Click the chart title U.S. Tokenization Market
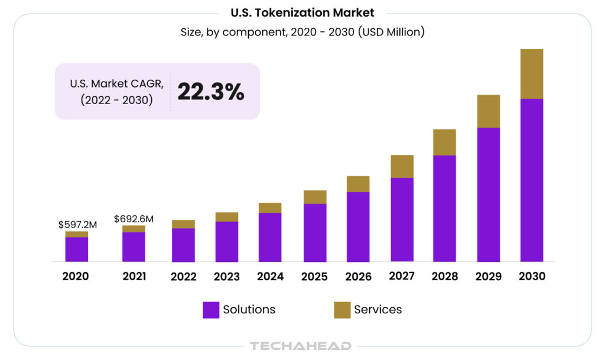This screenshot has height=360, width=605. [x=302, y=13]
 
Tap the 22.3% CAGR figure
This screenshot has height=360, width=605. [x=210, y=92]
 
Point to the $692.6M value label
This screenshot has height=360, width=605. [x=134, y=219]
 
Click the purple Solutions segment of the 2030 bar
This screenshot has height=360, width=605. [x=531, y=180]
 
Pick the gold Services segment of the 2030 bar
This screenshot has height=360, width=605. [x=531, y=74]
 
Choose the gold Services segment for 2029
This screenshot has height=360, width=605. [x=488, y=111]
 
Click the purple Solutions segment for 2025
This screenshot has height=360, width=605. [x=315, y=232]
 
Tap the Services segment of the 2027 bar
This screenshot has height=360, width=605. [x=402, y=166]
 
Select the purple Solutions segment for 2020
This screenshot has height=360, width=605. [x=76, y=249]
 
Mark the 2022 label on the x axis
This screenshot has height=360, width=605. [x=183, y=277]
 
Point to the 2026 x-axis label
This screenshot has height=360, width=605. [x=358, y=277]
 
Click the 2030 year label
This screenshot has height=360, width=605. [x=531, y=276]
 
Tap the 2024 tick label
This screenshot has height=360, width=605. [x=270, y=277]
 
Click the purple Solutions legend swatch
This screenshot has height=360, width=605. [x=211, y=310]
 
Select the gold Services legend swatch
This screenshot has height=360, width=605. [x=342, y=310]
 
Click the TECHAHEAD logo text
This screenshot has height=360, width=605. [x=300, y=346]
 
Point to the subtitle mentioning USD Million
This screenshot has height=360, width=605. [x=302, y=33]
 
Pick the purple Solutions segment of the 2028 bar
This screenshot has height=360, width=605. [x=444, y=208]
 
